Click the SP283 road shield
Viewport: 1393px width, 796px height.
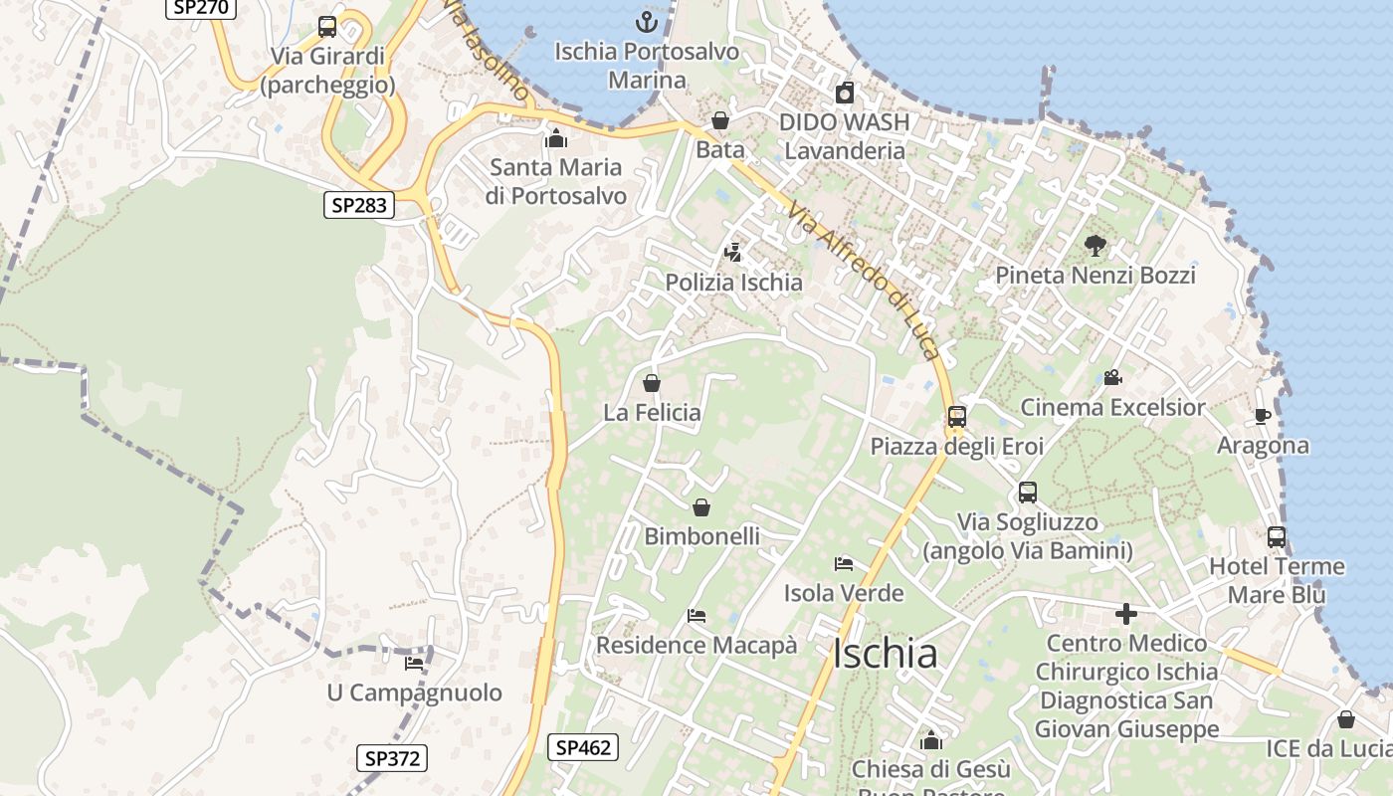359,206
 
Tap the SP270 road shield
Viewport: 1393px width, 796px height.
201,7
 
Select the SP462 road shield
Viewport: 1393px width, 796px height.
582,747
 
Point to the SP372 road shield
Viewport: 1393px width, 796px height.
391,758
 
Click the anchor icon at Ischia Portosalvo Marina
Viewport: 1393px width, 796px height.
647,21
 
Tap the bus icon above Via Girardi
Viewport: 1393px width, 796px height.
327,27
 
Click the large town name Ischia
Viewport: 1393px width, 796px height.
885,654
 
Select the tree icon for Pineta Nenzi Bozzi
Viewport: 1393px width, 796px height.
1094,245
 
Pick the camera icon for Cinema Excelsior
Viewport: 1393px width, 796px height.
1112,378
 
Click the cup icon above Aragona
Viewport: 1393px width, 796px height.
1262,416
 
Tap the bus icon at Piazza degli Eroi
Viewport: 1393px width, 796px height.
957,417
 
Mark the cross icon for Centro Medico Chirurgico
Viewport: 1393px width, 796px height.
1126,614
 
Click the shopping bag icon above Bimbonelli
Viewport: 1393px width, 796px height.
701,507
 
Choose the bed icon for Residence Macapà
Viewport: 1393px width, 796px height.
696,616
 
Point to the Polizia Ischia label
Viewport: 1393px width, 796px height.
733,283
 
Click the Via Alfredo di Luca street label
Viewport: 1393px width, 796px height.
863,281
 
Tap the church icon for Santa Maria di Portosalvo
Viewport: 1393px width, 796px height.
555,138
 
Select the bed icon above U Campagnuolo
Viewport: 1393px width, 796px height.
414,663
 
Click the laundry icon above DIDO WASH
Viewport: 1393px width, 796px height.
845,93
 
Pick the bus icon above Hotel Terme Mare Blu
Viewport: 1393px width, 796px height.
1276,537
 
